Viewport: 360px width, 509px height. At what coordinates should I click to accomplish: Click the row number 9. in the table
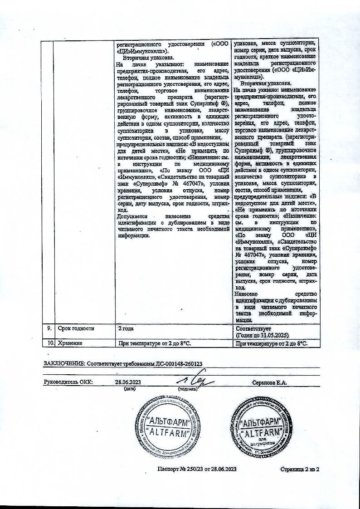(x=47, y=328)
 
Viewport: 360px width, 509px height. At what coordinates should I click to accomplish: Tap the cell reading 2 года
(x=126, y=328)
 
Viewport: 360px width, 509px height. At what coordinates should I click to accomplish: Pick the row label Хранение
(x=70, y=343)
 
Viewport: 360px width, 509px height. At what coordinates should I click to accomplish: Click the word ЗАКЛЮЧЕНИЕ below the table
(x=63, y=364)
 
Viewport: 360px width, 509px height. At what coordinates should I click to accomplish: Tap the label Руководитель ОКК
(x=68, y=382)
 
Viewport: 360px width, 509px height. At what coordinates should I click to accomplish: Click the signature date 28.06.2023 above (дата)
(x=129, y=382)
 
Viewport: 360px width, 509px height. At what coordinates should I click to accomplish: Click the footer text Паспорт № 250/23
(x=181, y=469)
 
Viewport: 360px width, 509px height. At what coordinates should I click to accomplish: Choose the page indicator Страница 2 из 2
(x=300, y=469)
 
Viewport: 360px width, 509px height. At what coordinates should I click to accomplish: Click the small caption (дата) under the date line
(x=130, y=389)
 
